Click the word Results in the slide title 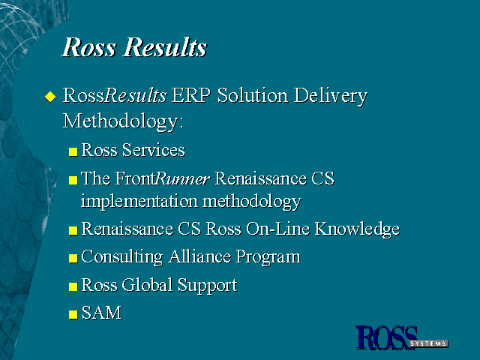tap(165, 47)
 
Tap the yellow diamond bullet tap(50, 97)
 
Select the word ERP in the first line tap(191, 95)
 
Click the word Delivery tap(331, 97)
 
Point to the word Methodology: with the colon tap(123, 121)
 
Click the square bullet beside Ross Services tap(73, 151)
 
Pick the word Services tap(154, 150)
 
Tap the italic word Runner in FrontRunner tap(183, 178)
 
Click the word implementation tap(139, 202)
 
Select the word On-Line tap(277, 228)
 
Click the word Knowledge tap(357, 229)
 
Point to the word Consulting tap(122, 257)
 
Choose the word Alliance tap(199, 256)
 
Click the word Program tap(268, 258)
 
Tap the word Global tap(147, 285)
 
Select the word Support tap(208, 286)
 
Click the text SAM tap(101, 313)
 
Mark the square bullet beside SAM tap(73, 315)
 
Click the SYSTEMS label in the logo tap(428, 343)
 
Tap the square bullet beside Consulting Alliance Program tap(73, 258)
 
